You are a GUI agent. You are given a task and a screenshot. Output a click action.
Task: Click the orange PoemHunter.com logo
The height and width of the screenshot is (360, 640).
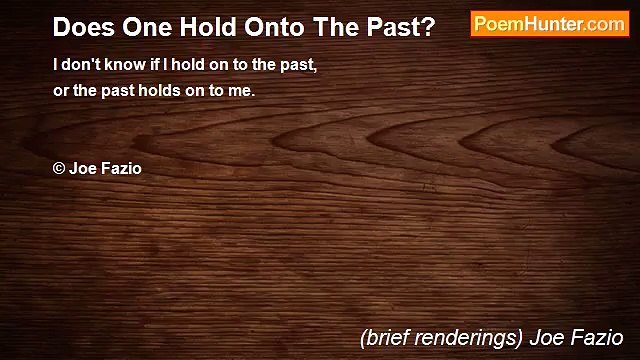click(549, 24)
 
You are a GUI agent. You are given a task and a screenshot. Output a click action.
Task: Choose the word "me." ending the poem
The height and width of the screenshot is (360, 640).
click(242, 90)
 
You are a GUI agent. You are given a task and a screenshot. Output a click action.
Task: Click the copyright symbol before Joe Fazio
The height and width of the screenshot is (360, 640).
click(59, 168)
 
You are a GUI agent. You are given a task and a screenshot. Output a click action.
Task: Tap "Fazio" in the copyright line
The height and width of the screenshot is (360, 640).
click(121, 168)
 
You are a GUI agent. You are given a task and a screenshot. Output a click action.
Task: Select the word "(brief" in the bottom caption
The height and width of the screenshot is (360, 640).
click(385, 337)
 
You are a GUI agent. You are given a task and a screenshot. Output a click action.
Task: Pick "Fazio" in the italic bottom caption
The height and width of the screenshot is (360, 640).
click(598, 337)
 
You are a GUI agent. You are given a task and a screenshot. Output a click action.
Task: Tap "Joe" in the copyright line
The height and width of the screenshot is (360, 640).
click(82, 168)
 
